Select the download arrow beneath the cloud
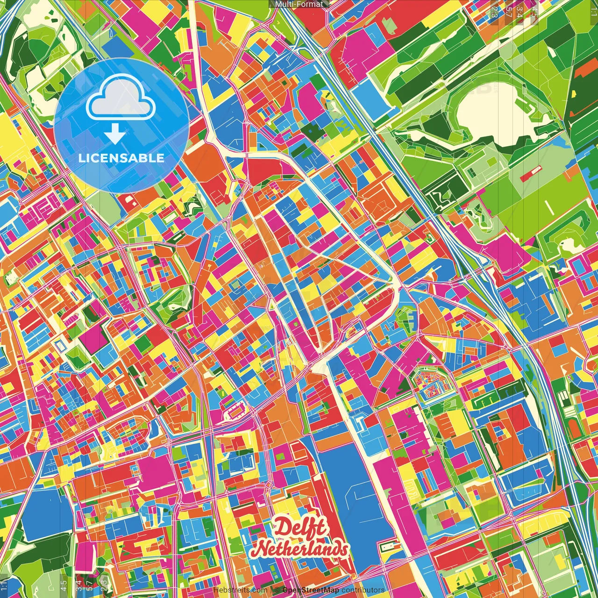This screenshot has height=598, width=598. [115, 134]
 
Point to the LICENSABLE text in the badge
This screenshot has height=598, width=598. [121, 158]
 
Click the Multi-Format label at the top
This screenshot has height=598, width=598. [299, 4]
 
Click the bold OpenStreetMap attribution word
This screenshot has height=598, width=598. [310, 590]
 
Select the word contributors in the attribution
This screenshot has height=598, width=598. [363, 590]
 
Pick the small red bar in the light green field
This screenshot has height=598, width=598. [529, 174]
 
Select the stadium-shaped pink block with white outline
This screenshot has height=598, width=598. [235, 412]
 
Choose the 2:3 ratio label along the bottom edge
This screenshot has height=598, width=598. [104, 584]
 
